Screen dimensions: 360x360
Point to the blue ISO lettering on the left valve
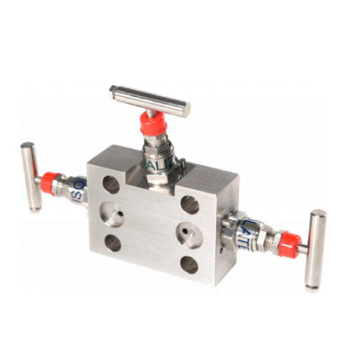tap(76, 189)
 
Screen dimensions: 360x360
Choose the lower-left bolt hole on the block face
tap(112, 243)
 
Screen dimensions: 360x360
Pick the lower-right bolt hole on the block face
tap(189, 264)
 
